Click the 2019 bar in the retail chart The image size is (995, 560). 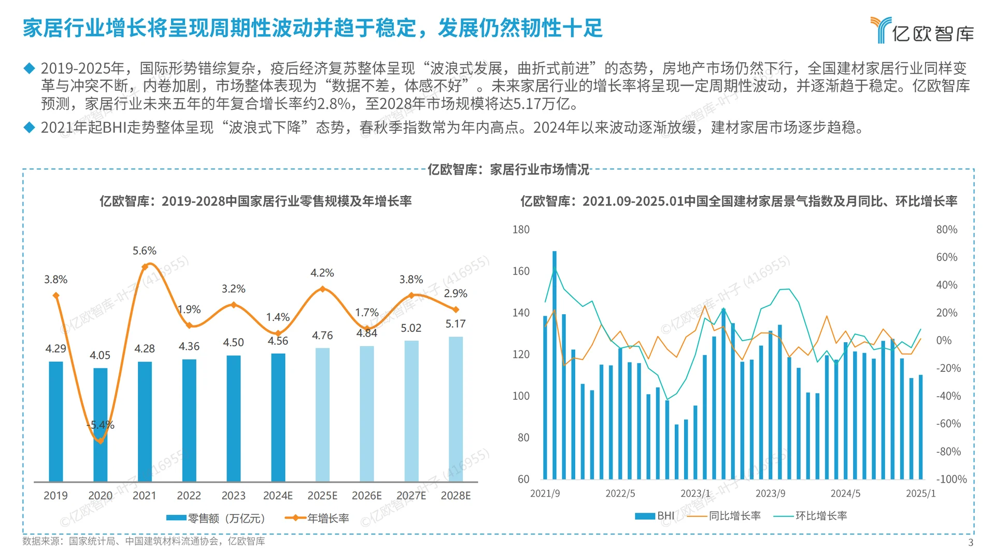56,421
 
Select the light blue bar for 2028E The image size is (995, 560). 456,410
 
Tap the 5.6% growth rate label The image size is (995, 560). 144,251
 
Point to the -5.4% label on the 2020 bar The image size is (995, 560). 101,425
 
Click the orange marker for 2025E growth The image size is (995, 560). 322,289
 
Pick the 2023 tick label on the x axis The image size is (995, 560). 233,496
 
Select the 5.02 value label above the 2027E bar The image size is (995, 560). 411,328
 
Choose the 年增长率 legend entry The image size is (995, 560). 317,518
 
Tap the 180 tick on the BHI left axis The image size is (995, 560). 521,230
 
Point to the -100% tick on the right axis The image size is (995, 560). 951,480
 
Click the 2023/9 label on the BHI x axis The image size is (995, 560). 770,494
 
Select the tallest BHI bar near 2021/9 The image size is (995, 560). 555,363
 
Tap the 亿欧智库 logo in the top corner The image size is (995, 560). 922,31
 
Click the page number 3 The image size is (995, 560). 971,542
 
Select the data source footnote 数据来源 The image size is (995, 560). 144,541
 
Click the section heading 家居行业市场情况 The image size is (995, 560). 508,170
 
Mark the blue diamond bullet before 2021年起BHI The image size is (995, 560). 29,127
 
